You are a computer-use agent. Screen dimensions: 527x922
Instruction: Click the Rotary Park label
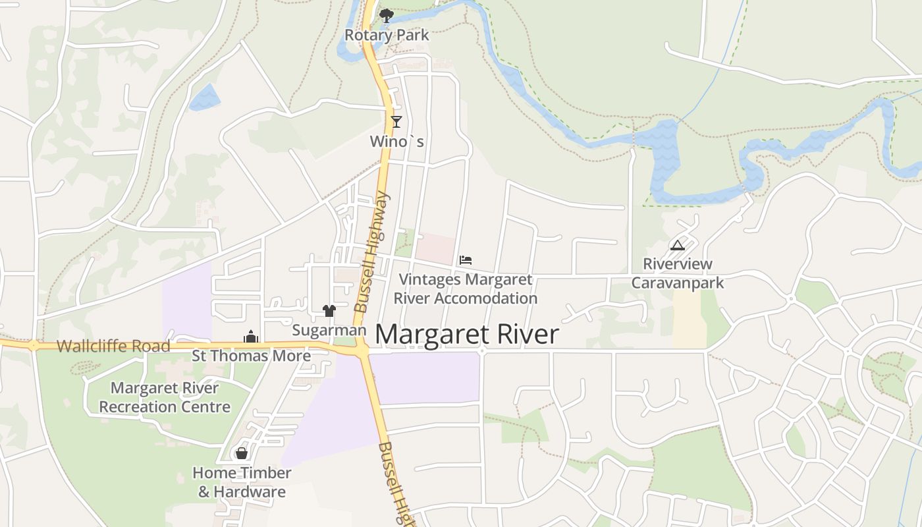click(387, 35)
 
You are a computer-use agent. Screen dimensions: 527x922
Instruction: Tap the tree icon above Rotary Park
click(386, 15)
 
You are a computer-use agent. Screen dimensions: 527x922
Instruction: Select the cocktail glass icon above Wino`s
click(396, 121)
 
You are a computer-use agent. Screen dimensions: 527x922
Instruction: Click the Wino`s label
click(396, 141)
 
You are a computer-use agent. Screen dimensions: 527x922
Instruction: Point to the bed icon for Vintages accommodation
click(466, 260)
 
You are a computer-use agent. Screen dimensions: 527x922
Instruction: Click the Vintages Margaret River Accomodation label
click(466, 289)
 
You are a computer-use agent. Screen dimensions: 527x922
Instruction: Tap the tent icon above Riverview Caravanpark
click(677, 246)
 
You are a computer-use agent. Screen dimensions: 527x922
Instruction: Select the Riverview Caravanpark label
click(678, 273)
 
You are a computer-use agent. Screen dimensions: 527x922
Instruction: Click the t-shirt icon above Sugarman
click(329, 310)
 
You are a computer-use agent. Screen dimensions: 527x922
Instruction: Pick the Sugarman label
click(329, 330)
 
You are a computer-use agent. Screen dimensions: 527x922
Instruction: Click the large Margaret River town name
click(466, 335)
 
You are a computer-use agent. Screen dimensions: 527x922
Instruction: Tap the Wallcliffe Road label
click(113, 346)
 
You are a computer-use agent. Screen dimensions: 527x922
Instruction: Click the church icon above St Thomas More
click(250, 337)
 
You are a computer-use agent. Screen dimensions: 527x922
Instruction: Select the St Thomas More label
click(251, 356)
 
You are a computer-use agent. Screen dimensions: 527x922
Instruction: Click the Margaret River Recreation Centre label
click(165, 397)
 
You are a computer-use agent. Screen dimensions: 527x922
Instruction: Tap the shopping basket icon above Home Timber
click(242, 453)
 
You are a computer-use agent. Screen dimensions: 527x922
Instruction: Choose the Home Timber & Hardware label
click(242, 482)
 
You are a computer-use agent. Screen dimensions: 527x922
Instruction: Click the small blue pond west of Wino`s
click(205, 97)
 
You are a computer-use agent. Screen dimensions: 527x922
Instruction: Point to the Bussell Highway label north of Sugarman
click(372, 252)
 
